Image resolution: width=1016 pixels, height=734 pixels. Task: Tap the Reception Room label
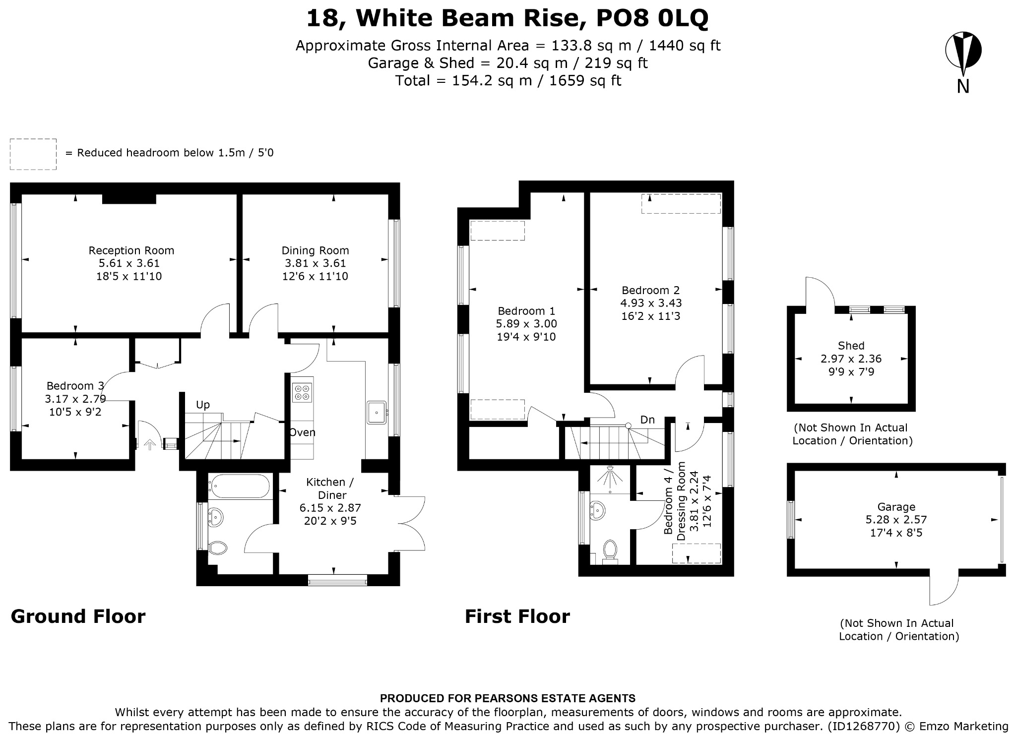[x=131, y=250]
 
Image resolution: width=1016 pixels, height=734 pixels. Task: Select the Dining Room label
[x=316, y=250]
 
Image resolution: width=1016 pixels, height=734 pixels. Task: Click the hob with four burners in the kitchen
[x=302, y=392]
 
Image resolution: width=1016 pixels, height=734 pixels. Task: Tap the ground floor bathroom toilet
[x=217, y=548]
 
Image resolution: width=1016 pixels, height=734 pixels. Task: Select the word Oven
[x=303, y=432]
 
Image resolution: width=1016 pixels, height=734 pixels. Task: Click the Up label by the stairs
[x=203, y=405]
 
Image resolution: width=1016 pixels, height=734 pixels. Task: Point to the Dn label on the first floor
[x=647, y=420]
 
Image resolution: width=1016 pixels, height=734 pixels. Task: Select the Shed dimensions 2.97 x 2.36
[x=851, y=359]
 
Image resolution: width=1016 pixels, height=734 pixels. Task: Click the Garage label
[x=896, y=507]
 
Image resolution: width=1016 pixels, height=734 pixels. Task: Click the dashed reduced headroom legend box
[x=33, y=154]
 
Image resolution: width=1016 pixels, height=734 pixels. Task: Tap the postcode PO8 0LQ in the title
[x=652, y=18]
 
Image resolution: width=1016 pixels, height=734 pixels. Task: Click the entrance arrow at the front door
[x=148, y=444]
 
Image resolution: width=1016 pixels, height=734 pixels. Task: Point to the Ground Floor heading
[x=78, y=616]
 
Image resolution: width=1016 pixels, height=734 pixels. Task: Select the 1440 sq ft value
[x=685, y=46]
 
